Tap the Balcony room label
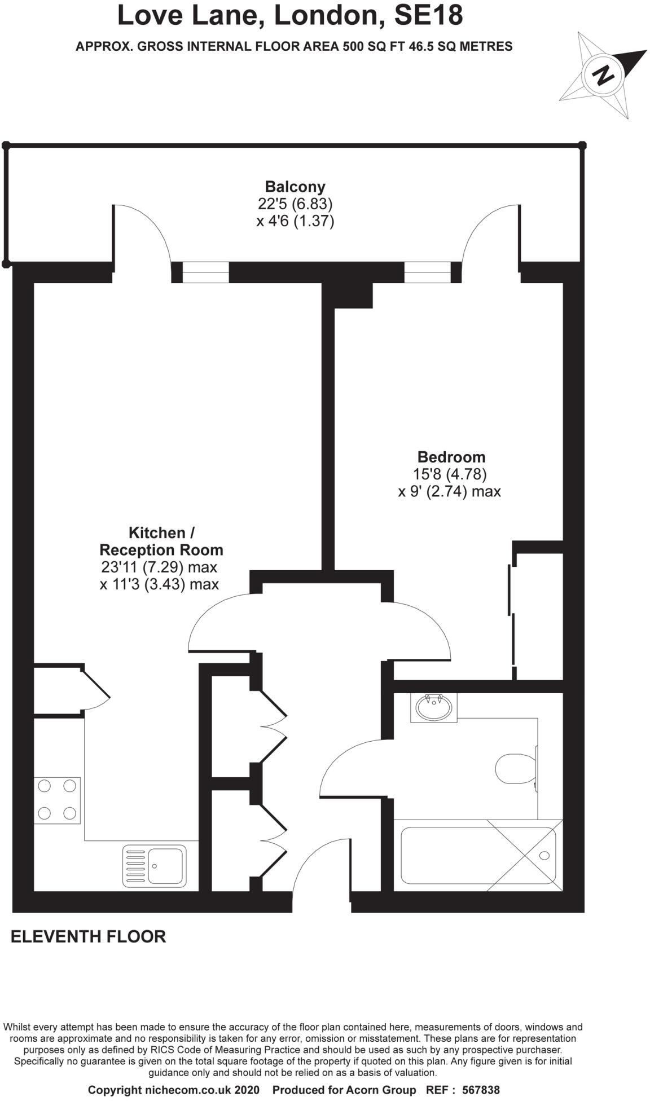pyautogui.click(x=295, y=187)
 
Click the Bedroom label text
pyautogui.click(x=451, y=457)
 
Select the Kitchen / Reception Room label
pyautogui.click(x=161, y=541)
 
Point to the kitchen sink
pyautogui.click(x=154, y=865)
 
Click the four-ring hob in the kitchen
pyautogui.click(x=57, y=799)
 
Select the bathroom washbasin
pyautogui.click(x=433, y=707)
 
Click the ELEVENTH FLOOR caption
pyautogui.click(x=89, y=937)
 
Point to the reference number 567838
pyautogui.click(x=480, y=1090)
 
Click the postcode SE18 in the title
pyautogui.click(x=428, y=16)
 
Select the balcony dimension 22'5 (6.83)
pyautogui.click(x=295, y=204)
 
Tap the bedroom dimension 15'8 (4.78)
pyautogui.click(x=450, y=474)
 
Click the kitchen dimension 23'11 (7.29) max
pyautogui.click(x=159, y=567)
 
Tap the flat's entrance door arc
pyautogui.click(x=320, y=866)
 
